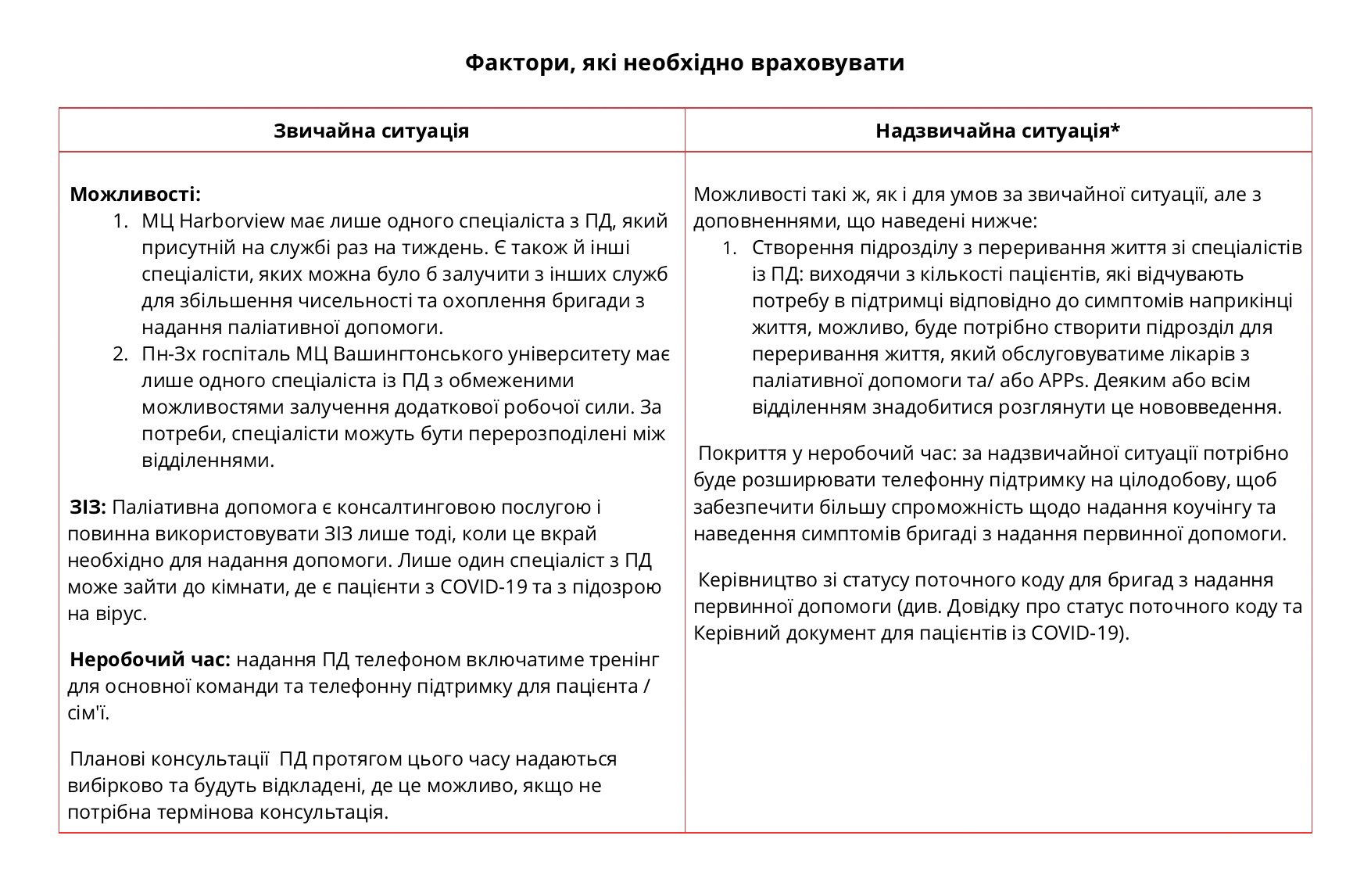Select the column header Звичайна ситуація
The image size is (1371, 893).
[371, 131]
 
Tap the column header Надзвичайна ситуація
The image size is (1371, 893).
[997, 131]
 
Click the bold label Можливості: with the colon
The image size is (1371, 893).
[135, 194]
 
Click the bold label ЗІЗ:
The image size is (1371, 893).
[88, 507]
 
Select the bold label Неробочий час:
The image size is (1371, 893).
[150, 660]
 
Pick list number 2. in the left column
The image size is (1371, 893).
[120, 354]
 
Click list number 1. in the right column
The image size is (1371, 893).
[729, 248]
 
